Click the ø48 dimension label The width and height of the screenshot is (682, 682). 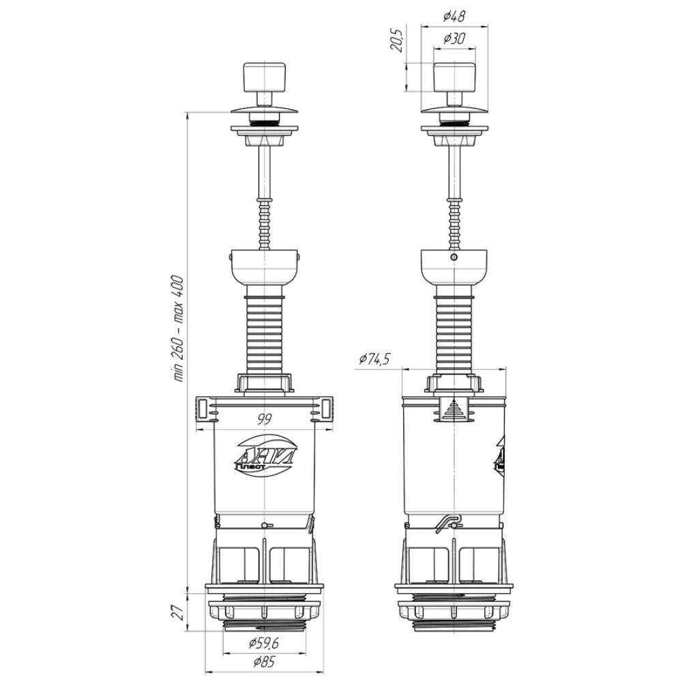[454, 16]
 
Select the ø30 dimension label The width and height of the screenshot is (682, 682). [454, 39]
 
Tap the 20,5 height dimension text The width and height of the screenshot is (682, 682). [398, 39]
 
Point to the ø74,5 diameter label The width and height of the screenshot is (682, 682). [374, 359]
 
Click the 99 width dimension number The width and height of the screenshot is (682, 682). [265, 419]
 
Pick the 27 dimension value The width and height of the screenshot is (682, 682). [179, 612]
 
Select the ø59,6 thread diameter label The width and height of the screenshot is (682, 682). [263, 643]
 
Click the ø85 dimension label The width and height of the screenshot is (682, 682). [264, 662]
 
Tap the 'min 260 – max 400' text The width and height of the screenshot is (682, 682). [179, 329]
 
